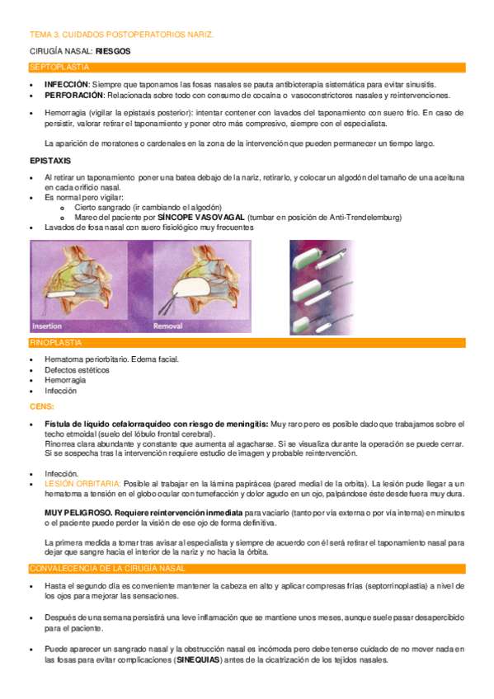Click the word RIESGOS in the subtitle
click(x=113, y=51)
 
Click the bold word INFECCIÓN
click(x=67, y=85)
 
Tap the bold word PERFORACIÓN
click(x=73, y=95)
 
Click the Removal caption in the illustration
click(x=169, y=325)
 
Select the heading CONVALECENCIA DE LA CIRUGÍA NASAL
click(x=107, y=569)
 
